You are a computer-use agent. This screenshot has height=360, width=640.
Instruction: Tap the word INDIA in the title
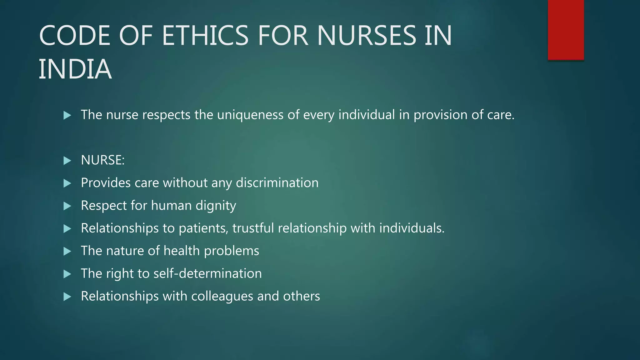point(75,69)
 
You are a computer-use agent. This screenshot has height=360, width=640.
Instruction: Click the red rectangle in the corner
point(566,30)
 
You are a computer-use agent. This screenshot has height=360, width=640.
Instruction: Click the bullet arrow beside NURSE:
point(67,161)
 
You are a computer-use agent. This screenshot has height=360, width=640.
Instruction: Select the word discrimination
point(277,183)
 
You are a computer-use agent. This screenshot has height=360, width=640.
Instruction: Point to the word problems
point(231,251)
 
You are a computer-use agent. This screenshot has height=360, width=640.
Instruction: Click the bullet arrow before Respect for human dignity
point(67,206)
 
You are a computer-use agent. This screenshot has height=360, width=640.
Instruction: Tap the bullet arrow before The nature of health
point(67,251)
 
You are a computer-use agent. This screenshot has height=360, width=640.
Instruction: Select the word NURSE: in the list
point(102,160)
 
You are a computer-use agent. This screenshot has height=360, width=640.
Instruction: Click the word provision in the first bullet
point(440,115)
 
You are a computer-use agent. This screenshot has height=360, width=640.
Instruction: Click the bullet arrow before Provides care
point(67,183)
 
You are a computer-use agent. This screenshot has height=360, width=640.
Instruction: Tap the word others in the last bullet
point(301,296)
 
